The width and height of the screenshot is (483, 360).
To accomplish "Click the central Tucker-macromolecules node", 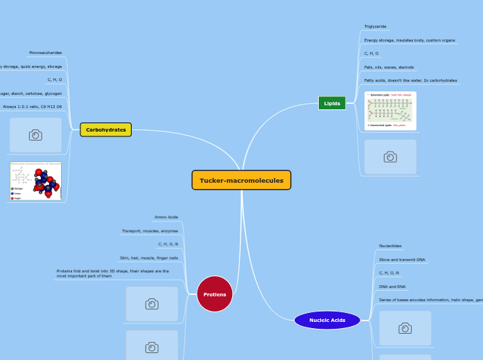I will (x=241, y=180).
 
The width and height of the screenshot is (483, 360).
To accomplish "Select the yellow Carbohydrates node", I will (x=105, y=129).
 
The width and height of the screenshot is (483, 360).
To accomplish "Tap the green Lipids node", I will (x=332, y=103).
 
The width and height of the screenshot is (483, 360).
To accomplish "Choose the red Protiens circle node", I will (x=215, y=294).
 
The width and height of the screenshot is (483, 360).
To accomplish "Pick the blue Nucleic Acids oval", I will (x=327, y=320).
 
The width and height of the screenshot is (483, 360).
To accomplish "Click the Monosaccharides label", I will (x=45, y=53).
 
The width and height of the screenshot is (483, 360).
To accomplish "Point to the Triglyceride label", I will (x=376, y=26).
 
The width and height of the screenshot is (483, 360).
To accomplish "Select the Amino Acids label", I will (x=166, y=217).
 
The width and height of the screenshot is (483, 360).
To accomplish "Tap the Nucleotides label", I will (x=390, y=246).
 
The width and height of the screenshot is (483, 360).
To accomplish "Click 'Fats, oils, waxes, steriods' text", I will (x=389, y=67).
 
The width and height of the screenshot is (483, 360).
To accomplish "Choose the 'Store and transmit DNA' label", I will (x=402, y=260).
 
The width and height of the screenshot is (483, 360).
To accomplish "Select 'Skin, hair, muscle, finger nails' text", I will (x=148, y=258).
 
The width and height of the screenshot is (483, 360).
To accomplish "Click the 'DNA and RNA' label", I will (x=392, y=286).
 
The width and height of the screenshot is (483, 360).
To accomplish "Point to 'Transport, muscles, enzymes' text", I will (x=150, y=231).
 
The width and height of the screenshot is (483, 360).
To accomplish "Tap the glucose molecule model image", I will (x=35, y=181).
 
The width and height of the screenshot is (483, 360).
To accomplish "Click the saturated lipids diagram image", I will (x=390, y=111).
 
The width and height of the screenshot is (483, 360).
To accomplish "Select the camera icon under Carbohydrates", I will (x=35, y=135).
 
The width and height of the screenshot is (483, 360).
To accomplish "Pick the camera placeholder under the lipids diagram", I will (x=390, y=157).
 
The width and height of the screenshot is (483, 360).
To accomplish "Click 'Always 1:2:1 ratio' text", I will (x=32, y=107).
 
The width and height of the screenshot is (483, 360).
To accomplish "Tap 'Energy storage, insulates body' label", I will (x=410, y=40).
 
